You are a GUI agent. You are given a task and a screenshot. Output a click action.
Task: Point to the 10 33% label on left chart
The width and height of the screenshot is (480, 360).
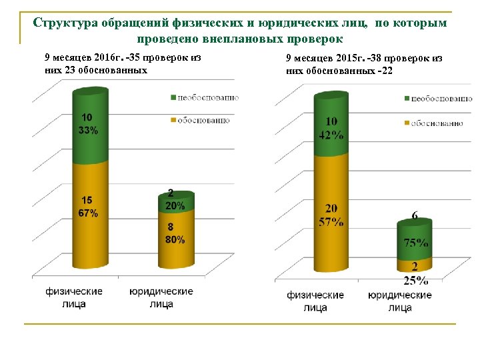pyautogui.click(x=88, y=125)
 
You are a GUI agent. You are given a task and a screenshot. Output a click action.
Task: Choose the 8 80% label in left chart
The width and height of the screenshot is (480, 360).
pyautogui.click(x=175, y=234)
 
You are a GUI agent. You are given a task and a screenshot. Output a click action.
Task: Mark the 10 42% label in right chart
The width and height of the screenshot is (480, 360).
pyautogui.click(x=331, y=129)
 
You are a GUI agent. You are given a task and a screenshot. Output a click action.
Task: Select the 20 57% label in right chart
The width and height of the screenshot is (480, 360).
pyautogui.click(x=331, y=215)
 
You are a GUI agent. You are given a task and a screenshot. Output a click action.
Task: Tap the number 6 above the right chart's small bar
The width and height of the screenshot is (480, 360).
pyautogui.click(x=415, y=216)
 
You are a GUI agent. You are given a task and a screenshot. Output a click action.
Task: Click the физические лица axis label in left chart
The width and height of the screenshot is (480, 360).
pyautogui.click(x=74, y=298)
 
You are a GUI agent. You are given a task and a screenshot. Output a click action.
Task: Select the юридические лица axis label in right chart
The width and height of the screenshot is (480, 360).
pyautogui.click(x=399, y=301)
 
